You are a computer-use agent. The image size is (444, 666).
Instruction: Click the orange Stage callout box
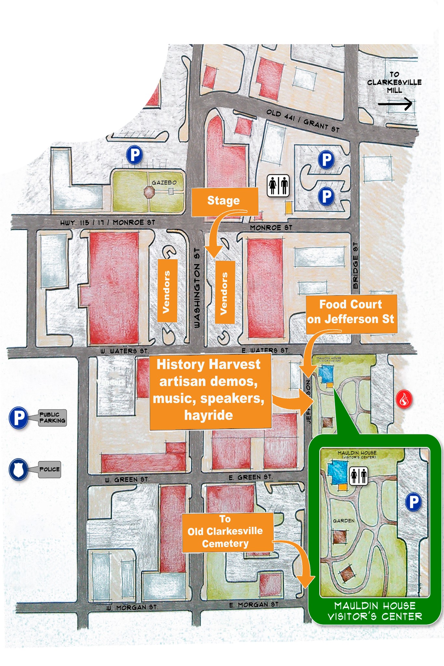[224, 201]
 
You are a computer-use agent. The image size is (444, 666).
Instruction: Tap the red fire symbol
[404, 400]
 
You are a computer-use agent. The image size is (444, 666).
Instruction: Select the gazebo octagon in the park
[150, 192]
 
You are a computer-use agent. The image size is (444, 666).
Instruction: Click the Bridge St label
[355, 265]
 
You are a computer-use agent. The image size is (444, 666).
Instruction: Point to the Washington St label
[197, 288]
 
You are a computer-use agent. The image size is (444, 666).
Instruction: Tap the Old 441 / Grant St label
[303, 121]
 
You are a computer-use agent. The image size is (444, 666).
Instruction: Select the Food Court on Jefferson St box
[351, 312]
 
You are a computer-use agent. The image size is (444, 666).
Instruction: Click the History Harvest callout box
[209, 390]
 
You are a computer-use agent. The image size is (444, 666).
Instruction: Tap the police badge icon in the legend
[18, 469]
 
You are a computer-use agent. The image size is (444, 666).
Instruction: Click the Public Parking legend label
[52, 418]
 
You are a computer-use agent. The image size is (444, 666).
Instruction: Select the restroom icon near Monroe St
[278, 186]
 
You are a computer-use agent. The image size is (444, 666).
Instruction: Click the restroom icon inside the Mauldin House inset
[359, 476]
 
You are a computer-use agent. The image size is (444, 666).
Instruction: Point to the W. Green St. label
[127, 480]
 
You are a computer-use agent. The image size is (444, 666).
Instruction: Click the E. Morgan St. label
[254, 605]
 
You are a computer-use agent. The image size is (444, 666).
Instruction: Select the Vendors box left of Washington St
[167, 291]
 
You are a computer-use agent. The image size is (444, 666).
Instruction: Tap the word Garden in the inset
[344, 521]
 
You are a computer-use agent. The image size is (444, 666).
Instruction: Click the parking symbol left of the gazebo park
[134, 155]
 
